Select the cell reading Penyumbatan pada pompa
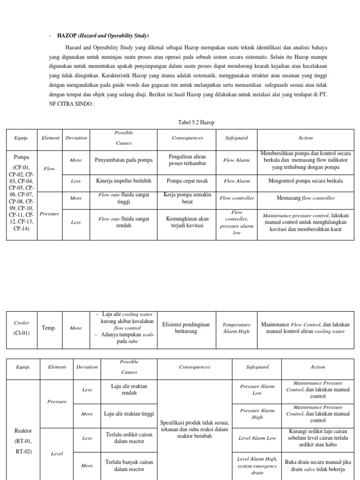pos(124,160)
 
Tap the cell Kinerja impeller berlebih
pos(124,180)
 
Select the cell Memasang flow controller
pos(305,198)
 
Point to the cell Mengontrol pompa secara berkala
pos(305,180)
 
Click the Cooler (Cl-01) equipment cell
pos(22,328)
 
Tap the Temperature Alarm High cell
pos(236,328)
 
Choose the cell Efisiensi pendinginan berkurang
pos(186,328)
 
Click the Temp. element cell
pos(49,328)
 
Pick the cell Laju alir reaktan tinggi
pos(129,414)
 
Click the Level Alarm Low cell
pos(257,438)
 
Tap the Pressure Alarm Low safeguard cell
pos(257,390)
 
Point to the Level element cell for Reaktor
pos(57,453)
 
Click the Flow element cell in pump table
pos(49,168)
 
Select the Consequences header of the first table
pos(187,138)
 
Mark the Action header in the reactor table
pos(318,367)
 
